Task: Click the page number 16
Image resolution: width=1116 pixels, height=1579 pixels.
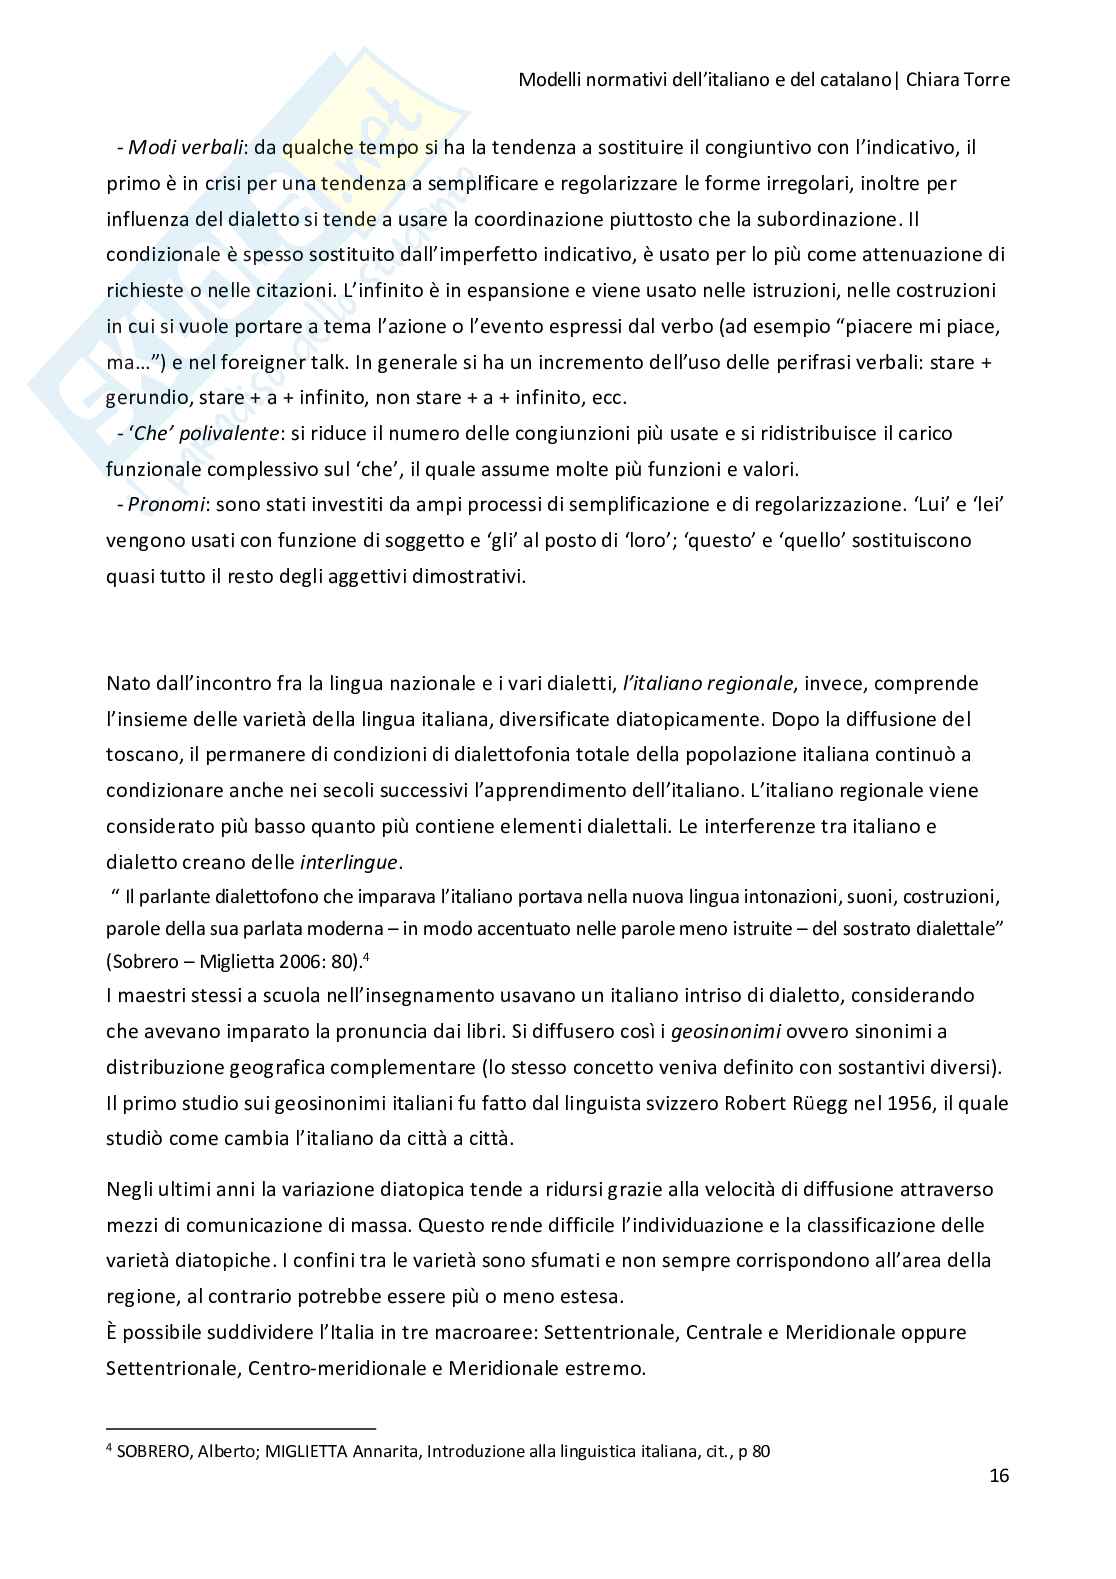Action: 999,1476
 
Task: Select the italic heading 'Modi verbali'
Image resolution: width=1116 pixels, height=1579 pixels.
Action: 187,148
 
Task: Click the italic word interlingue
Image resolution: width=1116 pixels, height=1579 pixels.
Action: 349,862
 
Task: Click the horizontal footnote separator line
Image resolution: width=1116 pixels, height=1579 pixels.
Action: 240,1429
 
